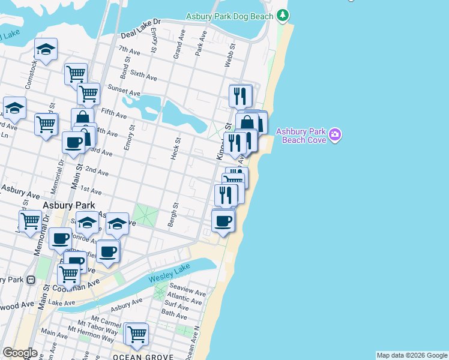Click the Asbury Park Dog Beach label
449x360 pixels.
point(229,16)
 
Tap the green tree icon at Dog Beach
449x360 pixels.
point(282,16)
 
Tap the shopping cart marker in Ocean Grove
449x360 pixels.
point(137,333)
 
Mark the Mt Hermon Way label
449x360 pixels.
point(91,338)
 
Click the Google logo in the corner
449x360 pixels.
point(20,353)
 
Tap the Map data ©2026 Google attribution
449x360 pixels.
point(412,355)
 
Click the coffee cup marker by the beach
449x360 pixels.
point(223,221)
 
